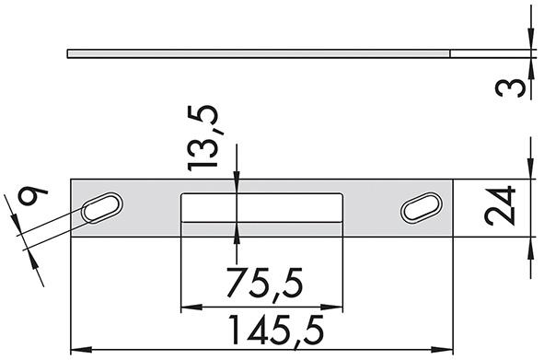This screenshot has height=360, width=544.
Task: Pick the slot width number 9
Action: (34, 199)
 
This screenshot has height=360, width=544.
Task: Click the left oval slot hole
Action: (104, 208)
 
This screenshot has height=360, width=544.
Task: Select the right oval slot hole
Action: (421, 208)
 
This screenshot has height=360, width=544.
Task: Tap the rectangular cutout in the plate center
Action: (261, 208)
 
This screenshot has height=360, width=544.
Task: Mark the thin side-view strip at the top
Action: (258, 53)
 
